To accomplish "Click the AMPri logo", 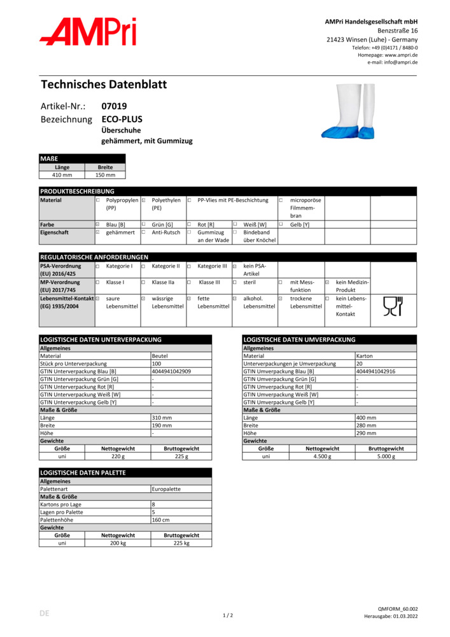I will (x=88, y=32).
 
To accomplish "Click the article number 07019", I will (x=114, y=106).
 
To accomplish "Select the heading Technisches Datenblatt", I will (x=104, y=84).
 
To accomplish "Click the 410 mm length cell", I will (x=62, y=175).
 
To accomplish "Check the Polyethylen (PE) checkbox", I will (x=144, y=200).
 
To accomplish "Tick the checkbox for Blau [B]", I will (x=98, y=224).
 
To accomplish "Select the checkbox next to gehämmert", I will (x=98, y=233).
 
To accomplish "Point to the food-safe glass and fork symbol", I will (x=393, y=306).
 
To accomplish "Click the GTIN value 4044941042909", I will (x=171, y=371).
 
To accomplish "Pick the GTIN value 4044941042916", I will (x=376, y=371).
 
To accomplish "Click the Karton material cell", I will (x=365, y=356).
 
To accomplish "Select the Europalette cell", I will (x=166, y=489).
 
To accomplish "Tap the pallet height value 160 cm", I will (x=160, y=520).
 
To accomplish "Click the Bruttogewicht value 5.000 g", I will (x=386, y=456).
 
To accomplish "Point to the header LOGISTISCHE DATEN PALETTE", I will (x=83, y=473).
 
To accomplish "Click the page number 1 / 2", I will (x=227, y=615).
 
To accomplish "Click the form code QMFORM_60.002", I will (x=398, y=609).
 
